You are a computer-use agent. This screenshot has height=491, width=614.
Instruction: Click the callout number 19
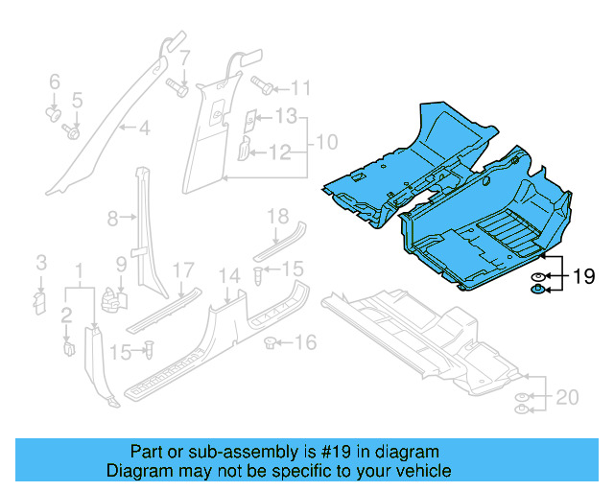[x=584, y=279]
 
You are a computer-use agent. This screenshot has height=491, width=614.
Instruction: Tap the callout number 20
[x=568, y=396]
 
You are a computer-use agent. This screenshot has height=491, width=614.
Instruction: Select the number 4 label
[x=144, y=128]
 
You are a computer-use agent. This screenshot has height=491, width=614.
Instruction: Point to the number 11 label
[x=301, y=89]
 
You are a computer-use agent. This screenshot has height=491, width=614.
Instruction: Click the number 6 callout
[x=55, y=82]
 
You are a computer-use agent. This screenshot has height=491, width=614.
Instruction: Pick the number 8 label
[x=112, y=219]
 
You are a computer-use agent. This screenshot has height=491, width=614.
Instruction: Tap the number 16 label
[x=304, y=342]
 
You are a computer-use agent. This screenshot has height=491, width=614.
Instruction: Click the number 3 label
[x=41, y=263]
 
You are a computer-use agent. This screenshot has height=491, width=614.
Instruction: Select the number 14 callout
[x=228, y=277]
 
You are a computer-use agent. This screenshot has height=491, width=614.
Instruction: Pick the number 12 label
[x=278, y=152]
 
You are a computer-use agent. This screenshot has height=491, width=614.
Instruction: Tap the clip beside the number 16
[x=272, y=340]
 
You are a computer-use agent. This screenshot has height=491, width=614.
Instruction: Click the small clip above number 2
[x=69, y=345]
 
